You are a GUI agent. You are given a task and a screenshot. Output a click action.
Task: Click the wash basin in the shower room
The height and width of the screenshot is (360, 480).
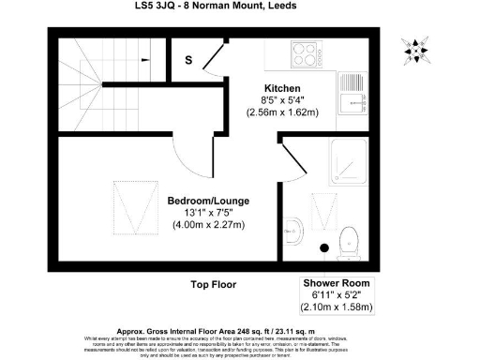coord(293,227)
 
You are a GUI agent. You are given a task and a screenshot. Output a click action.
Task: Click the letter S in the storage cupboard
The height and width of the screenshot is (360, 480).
coord(188,62)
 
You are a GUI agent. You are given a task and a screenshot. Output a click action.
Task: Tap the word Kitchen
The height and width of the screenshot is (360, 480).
coord(281,88)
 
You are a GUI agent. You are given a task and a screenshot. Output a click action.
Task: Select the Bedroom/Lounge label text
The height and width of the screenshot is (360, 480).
coord(208,202)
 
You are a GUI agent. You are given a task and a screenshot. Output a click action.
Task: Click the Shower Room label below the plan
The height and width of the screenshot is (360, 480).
coord(337,283)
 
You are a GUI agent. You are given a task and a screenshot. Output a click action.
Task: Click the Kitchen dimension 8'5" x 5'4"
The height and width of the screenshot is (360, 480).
coord(281,100)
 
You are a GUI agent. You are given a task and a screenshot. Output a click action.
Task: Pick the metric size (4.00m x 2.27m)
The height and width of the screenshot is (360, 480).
coord(208,225)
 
